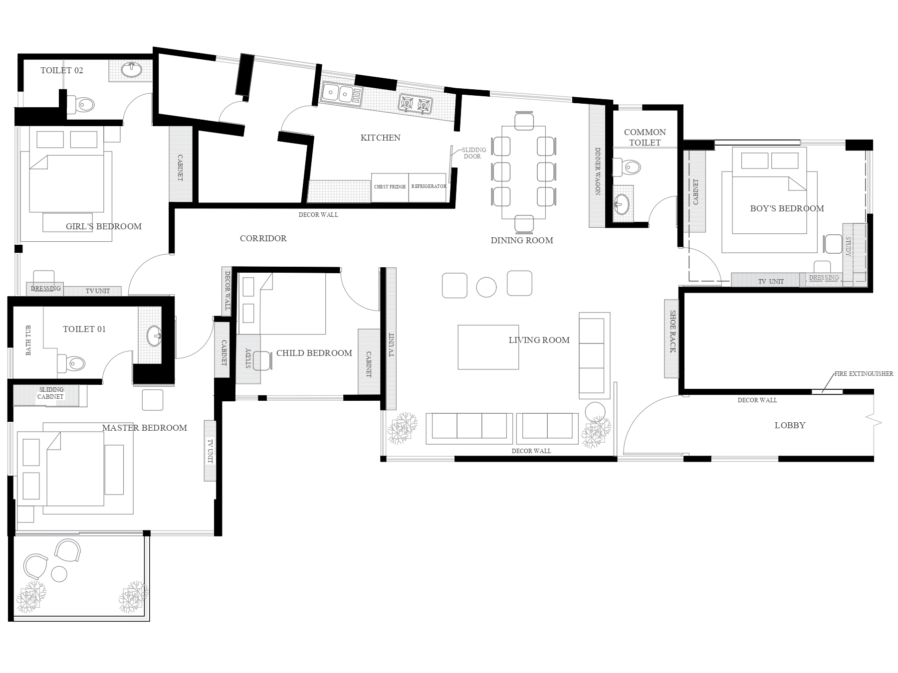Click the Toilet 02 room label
(62, 70)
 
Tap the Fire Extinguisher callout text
(864, 373)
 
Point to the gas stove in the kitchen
(415, 104)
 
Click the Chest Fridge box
(390, 187)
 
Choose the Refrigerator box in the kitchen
(428, 187)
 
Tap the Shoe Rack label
(672, 332)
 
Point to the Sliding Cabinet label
(50, 393)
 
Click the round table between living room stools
(486, 287)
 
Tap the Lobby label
(790, 425)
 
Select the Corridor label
(263, 238)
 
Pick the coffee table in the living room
(488, 347)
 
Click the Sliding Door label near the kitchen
(473, 153)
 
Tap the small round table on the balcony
(59, 574)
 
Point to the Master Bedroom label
(145, 428)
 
